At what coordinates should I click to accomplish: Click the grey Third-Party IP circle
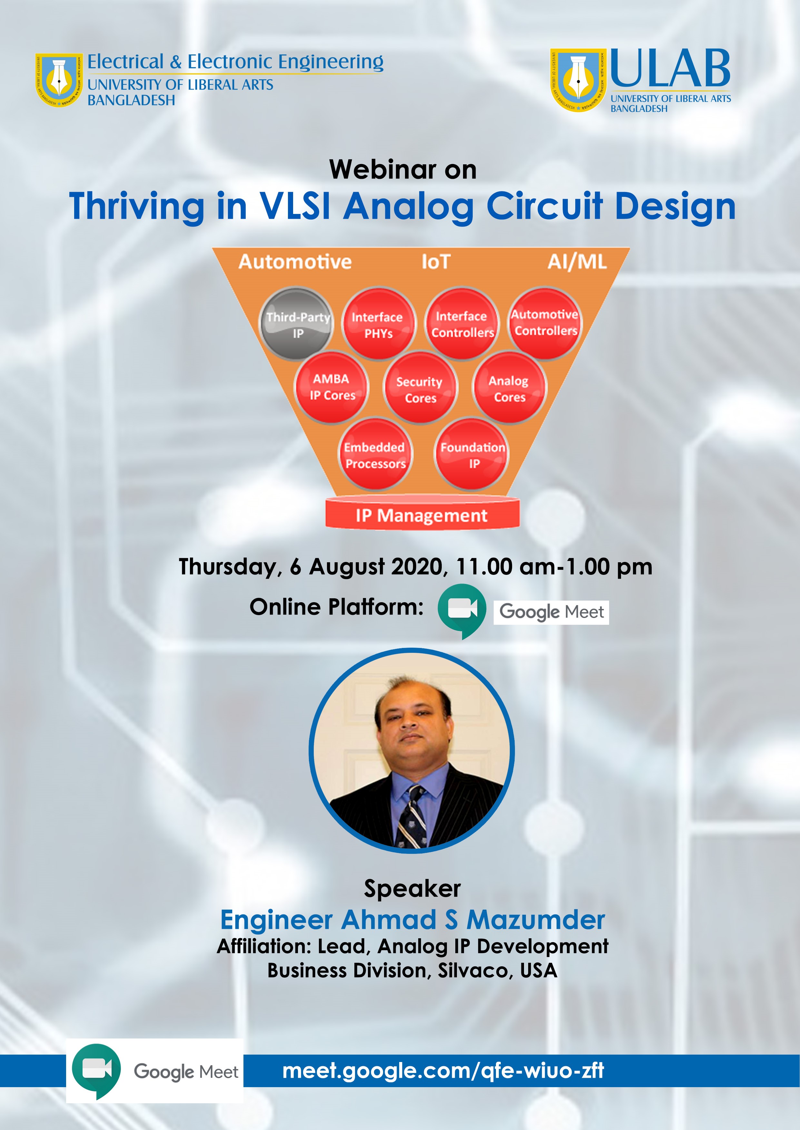click(297, 324)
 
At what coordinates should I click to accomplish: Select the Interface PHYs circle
click(378, 324)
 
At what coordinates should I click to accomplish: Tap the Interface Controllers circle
click(461, 324)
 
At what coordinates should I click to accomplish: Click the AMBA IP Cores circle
click(332, 387)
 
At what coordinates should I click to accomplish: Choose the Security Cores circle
click(420, 387)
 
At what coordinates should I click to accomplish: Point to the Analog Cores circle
click(509, 387)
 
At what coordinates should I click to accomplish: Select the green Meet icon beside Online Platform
click(461, 610)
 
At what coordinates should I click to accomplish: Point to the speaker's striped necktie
click(412, 817)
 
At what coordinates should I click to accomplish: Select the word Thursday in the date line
click(230, 567)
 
